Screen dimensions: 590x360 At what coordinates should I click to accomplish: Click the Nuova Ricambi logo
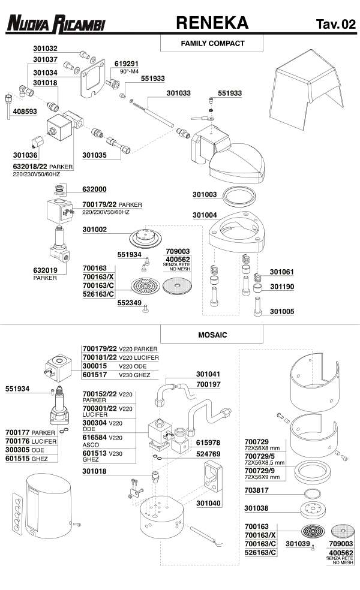56,24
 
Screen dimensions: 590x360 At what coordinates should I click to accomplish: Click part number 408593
25,112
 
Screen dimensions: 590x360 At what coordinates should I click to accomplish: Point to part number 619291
127,63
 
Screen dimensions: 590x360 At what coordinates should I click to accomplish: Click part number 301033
178,94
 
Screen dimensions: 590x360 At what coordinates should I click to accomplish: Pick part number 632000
94,189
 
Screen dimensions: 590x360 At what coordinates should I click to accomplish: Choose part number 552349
129,303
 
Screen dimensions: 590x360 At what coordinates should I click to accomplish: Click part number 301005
282,312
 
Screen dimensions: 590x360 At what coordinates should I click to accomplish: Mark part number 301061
282,272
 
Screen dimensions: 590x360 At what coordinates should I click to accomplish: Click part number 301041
208,374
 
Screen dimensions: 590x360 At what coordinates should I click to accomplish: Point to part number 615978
208,442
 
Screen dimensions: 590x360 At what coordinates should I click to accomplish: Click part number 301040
208,503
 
